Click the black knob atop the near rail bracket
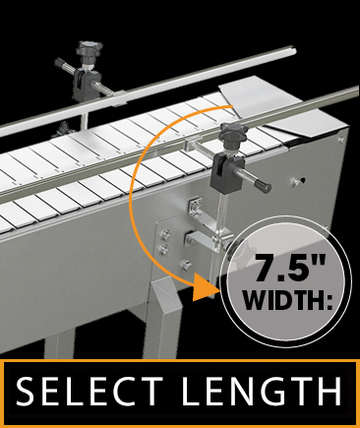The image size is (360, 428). pyautogui.click(x=234, y=136)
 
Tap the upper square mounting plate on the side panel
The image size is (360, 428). pyautogui.click(x=194, y=208)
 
